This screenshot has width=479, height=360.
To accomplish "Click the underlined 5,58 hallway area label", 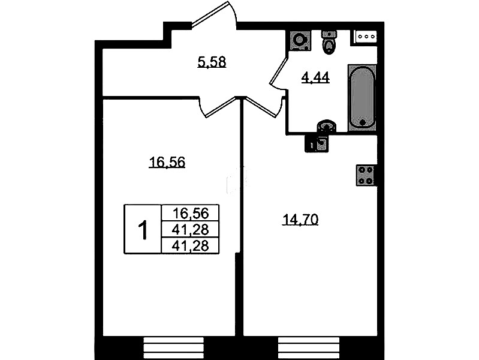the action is tap(212, 62).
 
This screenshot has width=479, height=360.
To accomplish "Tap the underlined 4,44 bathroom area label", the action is tap(315, 77).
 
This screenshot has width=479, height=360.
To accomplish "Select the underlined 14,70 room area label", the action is tap(300, 220).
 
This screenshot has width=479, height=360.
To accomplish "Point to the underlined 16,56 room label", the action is tap(167, 162).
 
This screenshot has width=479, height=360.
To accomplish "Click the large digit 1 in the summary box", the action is tap(143, 230).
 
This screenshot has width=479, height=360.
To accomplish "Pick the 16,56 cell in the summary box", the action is tap(190, 213).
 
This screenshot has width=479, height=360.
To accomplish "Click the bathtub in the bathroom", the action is tap(362, 97).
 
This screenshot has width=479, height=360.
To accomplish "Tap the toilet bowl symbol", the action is tap(329, 42).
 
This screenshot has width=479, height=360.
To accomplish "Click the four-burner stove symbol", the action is tap(366, 175).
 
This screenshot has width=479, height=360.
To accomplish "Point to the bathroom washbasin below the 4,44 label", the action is tap(327, 126).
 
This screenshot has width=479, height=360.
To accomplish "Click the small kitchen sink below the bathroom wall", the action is tap(317, 143).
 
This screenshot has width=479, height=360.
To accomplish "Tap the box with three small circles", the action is tap(365, 37).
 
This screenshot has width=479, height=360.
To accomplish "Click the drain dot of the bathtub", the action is tap(363, 123).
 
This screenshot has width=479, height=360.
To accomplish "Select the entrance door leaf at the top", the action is tap(210, 14).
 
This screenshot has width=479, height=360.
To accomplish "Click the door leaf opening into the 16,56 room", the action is tap(221, 107).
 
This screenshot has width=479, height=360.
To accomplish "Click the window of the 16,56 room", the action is tap(173, 348).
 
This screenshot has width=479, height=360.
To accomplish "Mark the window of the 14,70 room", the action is tap(309, 348).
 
